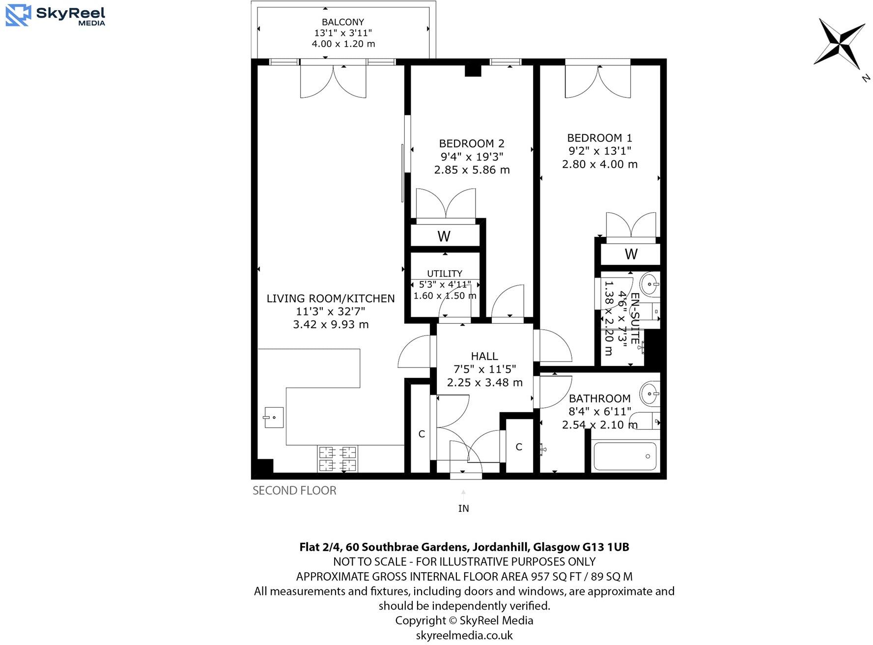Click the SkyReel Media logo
click(x=55, y=15)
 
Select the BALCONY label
click(x=342, y=22)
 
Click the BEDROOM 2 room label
click(x=471, y=143)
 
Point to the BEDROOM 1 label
click(x=599, y=138)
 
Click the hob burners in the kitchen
click(x=338, y=458)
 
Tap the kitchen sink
click(x=274, y=417)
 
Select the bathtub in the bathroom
click(x=625, y=456)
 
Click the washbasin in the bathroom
click(x=650, y=393)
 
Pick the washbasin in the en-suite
click(x=650, y=284)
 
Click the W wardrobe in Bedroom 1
click(x=631, y=254)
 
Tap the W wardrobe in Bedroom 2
click(x=444, y=236)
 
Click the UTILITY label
click(x=444, y=273)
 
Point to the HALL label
click(x=484, y=356)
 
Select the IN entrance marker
click(x=463, y=508)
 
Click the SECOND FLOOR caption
click(x=294, y=490)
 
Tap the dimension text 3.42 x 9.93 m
click(x=331, y=324)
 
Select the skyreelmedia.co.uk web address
click(x=464, y=635)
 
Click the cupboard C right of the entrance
click(x=519, y=447)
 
